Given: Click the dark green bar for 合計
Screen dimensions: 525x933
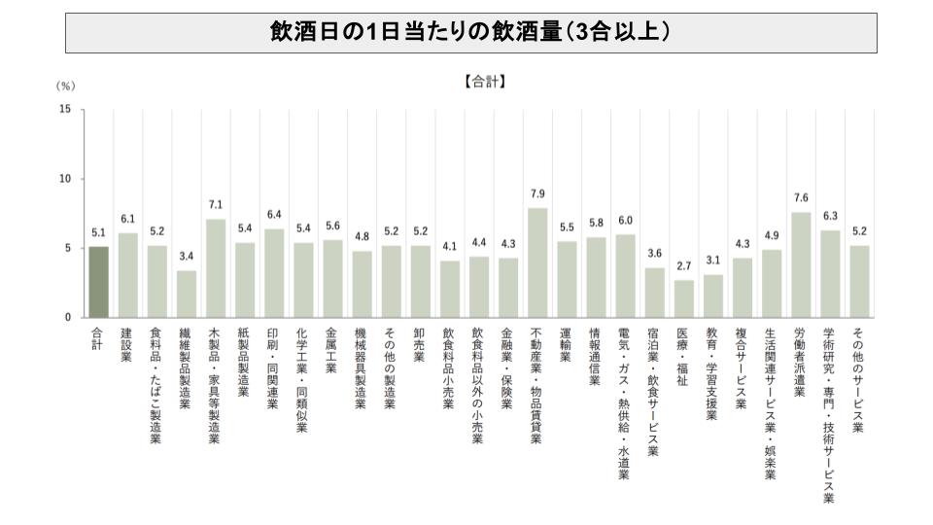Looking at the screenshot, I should (x=98, y=282).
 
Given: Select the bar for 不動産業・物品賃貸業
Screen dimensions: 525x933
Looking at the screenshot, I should (x=537, y=262).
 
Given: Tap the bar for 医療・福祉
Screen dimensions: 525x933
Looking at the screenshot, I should (x=684, y=298).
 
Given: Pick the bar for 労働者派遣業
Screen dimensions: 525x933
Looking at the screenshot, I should (x=801, y=264).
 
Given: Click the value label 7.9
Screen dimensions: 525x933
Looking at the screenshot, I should (x=537, y=193).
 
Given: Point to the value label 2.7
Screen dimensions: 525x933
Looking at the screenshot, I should (x=684, y=265).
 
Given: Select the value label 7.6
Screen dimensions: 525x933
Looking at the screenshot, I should (x=801, y=197).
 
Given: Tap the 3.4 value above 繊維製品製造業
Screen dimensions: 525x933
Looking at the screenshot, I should (x=186, y=256).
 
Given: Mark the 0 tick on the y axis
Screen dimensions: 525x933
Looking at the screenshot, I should (x=67, y=318).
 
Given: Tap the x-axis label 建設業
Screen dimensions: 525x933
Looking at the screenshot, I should (x=127, y=344).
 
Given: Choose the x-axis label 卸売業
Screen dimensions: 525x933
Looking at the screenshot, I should (x=420, y=344).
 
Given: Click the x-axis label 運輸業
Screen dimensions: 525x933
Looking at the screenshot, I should (x=567, y=344).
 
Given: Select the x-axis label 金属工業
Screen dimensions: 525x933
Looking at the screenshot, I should (x=332, y=350).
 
